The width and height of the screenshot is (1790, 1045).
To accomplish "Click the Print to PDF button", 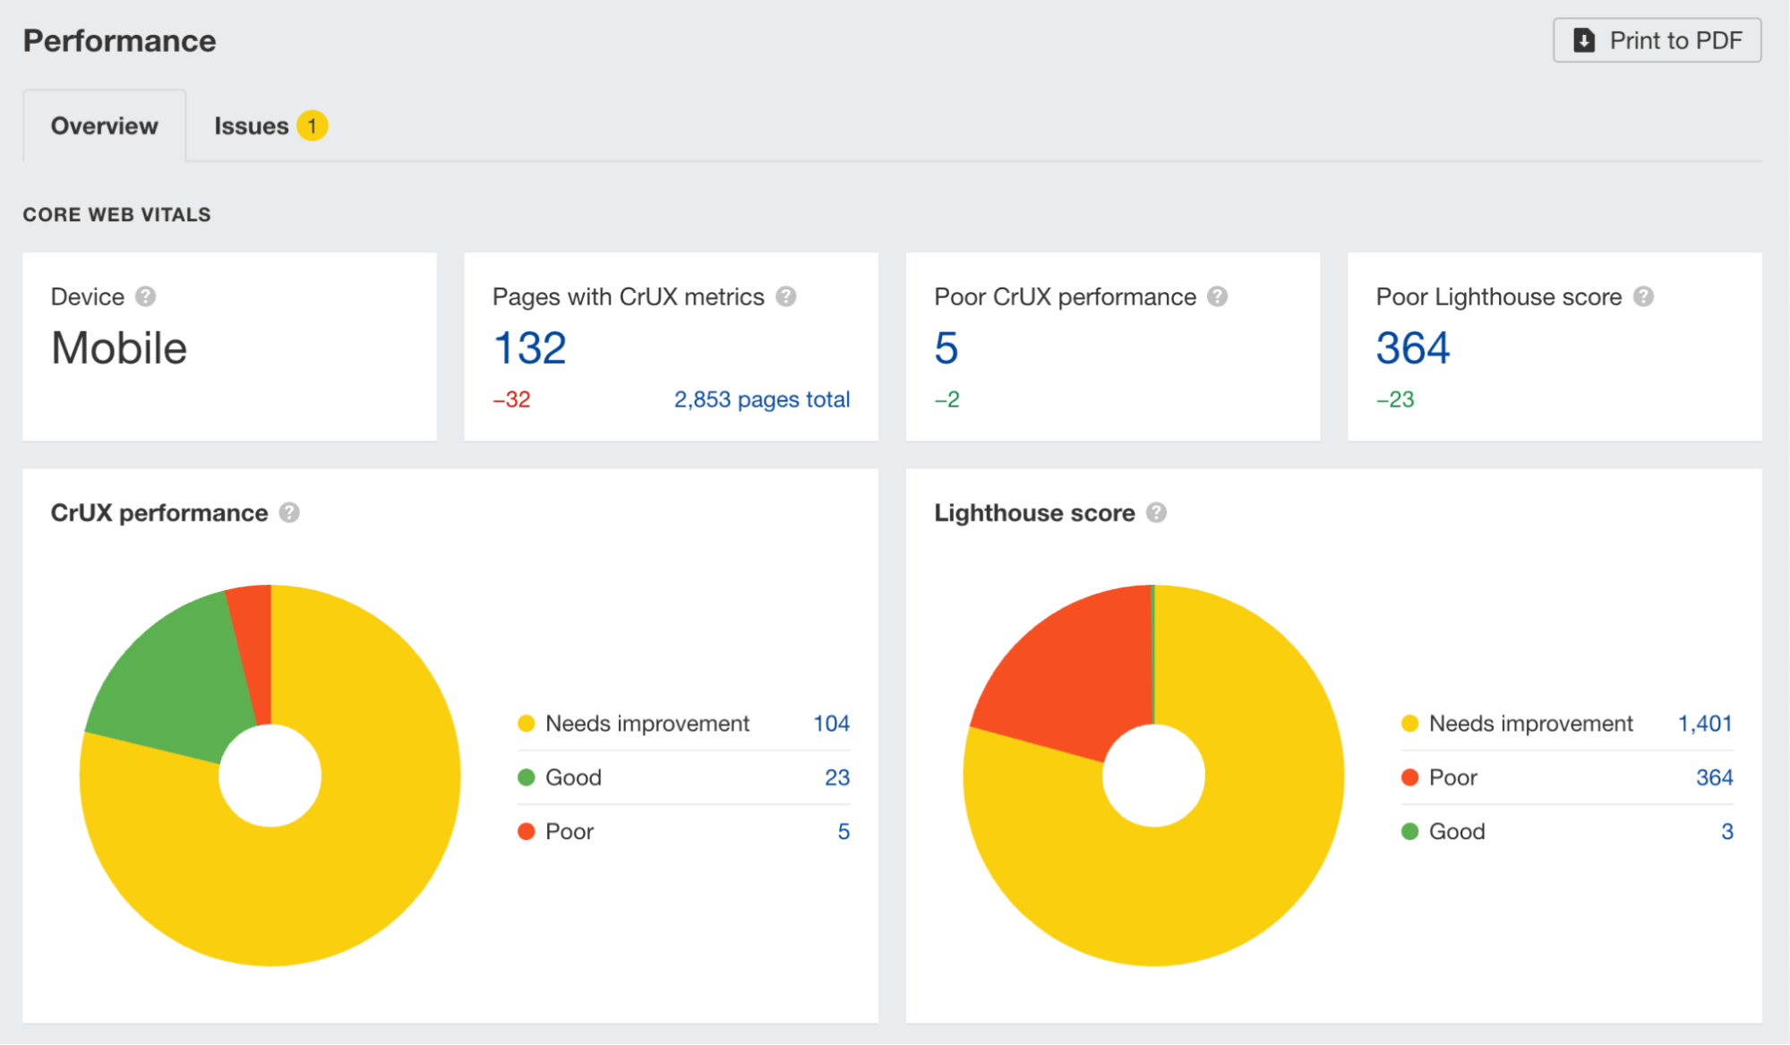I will pos(1657,40).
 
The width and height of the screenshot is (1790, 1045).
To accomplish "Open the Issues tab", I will pos(251,126).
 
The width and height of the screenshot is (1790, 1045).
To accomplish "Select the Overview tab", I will pos(105,126).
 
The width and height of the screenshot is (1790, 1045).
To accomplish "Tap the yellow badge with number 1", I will pos(313,126).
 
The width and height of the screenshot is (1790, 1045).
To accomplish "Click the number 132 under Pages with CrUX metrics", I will pos(530,348).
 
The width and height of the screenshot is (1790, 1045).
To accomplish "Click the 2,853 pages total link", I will pos(761,399).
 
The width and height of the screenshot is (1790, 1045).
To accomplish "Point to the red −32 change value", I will pos(511,399).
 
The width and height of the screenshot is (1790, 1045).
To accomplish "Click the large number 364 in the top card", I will pos(1412,348).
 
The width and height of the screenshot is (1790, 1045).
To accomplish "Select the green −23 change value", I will pos(1395,399).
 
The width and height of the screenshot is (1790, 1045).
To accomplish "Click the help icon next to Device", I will pos(145,296).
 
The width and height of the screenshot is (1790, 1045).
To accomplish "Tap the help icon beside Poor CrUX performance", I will pos(1217,296).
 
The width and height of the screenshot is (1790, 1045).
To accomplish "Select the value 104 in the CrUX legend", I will pos(831,724).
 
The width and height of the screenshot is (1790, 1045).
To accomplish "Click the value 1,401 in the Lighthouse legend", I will pos(1705,724).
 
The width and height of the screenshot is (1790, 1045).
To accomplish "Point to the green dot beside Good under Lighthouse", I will pos(1409,832).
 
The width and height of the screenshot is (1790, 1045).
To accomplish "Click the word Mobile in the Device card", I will pos(119,348).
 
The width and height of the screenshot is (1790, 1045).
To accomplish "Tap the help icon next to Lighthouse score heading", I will pos(1156,513).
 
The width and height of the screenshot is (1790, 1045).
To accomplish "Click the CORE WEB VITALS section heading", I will pos(116,215).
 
